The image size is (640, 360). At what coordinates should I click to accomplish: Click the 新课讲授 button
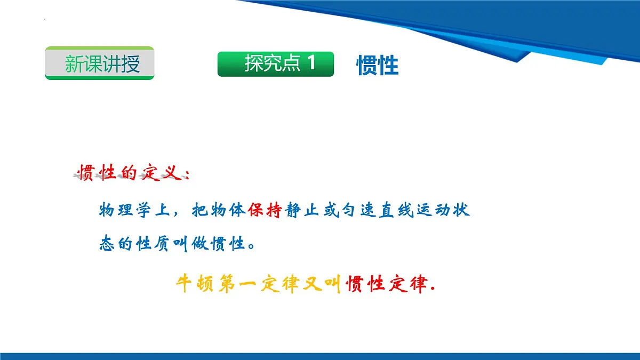coord(100,63)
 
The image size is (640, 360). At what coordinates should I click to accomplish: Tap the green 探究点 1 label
coord(275,64)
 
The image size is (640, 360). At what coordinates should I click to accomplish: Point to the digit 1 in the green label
coord(311,64)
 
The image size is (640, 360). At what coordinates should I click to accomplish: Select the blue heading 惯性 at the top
coord(378,66)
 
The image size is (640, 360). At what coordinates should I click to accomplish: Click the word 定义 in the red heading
coord(159,173)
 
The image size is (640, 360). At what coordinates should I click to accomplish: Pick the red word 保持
coord(265,210)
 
